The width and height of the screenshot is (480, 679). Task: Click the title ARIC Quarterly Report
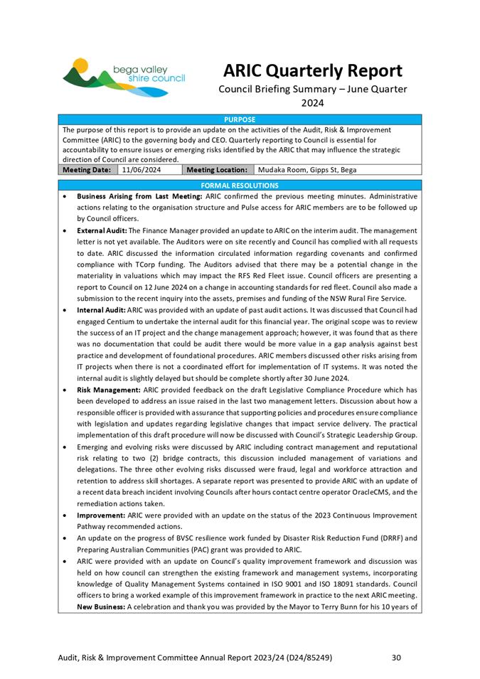click(x=312, y=71)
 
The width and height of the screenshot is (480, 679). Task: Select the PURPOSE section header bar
click(x=240, y=120)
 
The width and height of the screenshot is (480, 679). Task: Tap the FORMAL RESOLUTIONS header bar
click(x=240, y=185)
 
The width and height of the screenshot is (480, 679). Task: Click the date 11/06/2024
click(x=141, y=170)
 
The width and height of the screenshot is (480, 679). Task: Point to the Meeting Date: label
click(x=87, y=170)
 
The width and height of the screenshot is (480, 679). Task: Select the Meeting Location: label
click(x=216, y=170)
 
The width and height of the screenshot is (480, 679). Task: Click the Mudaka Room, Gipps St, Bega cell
click(x=306, y=170)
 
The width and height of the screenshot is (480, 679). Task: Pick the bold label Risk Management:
click(x=108, y=390)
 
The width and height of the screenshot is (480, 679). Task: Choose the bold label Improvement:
click(x=101, y=515)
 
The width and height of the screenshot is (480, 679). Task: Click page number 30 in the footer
click(x=397, y=658)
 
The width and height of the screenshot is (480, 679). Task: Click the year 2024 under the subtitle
click(x=312, y=103)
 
